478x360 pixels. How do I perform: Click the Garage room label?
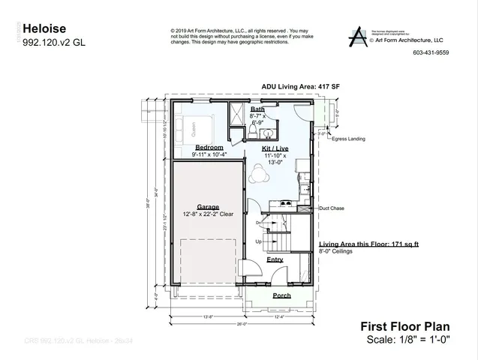(208, 206)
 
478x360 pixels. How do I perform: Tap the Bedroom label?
(209, 147)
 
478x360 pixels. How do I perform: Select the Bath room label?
(257, 109)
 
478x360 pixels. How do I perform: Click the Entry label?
(275, 259)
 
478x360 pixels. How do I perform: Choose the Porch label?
(281, 295)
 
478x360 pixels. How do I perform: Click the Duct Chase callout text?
(331, 208)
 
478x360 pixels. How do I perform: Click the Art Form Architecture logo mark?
(359, 35)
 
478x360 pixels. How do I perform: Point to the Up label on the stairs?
(260, 241)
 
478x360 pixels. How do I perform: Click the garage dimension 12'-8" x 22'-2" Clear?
(208, 214)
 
